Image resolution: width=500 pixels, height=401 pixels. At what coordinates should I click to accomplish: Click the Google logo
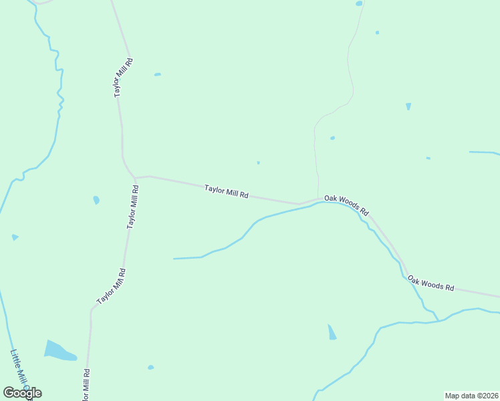[x=22, y=393]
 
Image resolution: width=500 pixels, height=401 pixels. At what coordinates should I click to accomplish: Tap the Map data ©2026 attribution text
[x=471, y=395]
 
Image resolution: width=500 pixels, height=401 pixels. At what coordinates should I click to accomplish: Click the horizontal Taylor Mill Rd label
[x=227, y=192]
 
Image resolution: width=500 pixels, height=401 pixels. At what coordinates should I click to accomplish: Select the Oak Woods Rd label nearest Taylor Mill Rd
[x=346, y=205]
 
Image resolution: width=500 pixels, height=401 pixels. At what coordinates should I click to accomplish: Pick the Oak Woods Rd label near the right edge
[x=431, y=283]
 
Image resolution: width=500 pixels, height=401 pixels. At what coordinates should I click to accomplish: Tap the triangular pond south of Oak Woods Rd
[x=332, y=332]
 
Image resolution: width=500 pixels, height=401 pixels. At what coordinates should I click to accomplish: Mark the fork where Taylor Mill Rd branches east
[x=136, y=178]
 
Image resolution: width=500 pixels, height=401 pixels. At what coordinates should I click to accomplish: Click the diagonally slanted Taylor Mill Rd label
[x=112, y=287]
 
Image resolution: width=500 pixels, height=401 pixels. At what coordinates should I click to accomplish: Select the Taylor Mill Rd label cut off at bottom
[x=86, y=385]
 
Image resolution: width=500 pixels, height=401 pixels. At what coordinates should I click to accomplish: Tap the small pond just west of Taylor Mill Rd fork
[x=96, y=200]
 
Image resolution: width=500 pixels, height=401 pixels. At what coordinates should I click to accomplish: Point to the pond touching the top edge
[x=359, y=3]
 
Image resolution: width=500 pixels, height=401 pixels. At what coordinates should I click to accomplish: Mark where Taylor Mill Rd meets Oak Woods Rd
[x=318, y=199]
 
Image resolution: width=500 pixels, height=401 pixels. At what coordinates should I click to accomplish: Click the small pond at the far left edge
[x=15, y=237]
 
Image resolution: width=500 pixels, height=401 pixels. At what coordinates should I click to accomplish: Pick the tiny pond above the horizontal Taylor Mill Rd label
[x=258, y=162]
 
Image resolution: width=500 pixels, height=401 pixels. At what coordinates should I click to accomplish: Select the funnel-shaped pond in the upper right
[x=408, y=106]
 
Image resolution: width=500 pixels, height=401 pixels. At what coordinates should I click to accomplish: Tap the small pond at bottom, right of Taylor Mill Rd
[x=150, y=367]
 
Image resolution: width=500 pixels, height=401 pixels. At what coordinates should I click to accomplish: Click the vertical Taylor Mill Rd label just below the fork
[x=134, y=208]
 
